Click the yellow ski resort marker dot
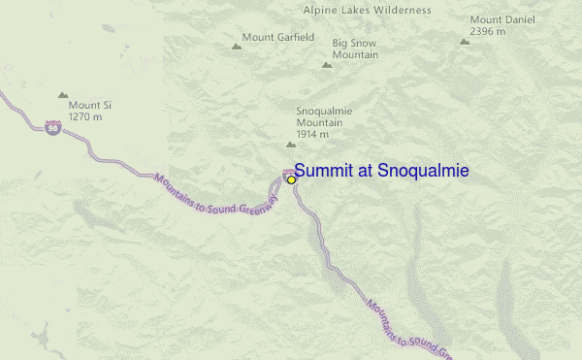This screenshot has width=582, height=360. (291, 180)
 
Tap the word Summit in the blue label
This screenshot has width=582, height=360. (325, 171)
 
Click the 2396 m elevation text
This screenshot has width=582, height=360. (487, 31)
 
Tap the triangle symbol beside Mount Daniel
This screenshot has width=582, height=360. (465, 42)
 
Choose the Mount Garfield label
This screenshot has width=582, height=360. (278, 38)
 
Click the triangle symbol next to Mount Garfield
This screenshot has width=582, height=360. (236, 46)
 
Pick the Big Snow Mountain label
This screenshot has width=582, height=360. (355, 49)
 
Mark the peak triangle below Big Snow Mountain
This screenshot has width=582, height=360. (327, 65)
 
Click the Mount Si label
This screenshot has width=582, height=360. (85, 105)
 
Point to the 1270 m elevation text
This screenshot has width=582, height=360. (85, 117)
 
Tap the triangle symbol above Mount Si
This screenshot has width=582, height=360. (63, 95)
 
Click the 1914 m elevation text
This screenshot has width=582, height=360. (315, 135)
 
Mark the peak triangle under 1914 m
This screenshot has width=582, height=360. (290, 144)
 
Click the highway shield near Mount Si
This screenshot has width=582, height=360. (51, 126)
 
